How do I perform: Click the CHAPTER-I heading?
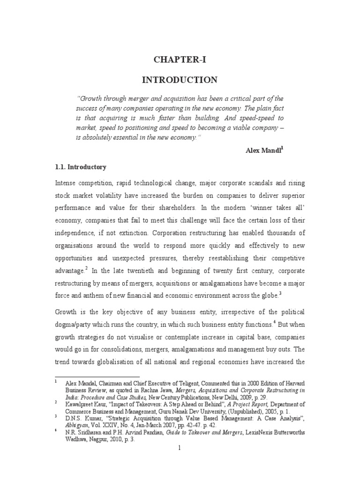(180, 60)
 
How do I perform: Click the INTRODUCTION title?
(180, 80)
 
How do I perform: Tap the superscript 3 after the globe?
(280, 293)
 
